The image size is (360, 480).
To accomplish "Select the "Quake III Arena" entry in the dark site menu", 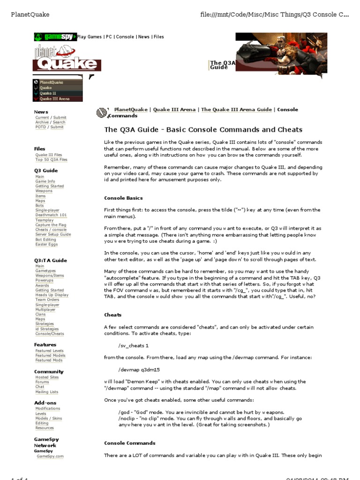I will point(54,99).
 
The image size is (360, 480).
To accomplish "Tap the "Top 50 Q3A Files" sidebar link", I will point(52,159).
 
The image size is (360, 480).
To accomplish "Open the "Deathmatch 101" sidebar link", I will point(51,215).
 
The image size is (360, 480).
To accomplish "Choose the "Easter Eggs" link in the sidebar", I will point(46,244).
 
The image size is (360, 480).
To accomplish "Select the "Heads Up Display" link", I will point(52,295).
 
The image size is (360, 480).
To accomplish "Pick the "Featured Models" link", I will point(51,355).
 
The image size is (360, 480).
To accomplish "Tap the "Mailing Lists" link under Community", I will point(47,392).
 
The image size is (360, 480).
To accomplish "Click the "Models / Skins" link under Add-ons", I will point(49,418).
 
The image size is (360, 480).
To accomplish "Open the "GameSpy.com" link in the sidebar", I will point(50,456).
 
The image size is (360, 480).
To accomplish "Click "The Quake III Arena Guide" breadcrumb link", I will point(236,110).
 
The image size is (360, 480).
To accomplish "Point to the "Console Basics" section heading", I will point(123,198).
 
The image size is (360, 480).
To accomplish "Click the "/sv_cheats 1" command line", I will point(134,345).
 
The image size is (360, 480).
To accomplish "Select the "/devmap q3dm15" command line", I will point(140,369).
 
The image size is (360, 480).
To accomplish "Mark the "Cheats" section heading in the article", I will point(112,315).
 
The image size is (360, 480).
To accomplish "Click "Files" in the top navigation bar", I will point(158,37).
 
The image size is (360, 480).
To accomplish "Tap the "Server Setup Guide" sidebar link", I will point(53,234).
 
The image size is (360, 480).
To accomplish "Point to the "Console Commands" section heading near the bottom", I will point(129,443).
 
